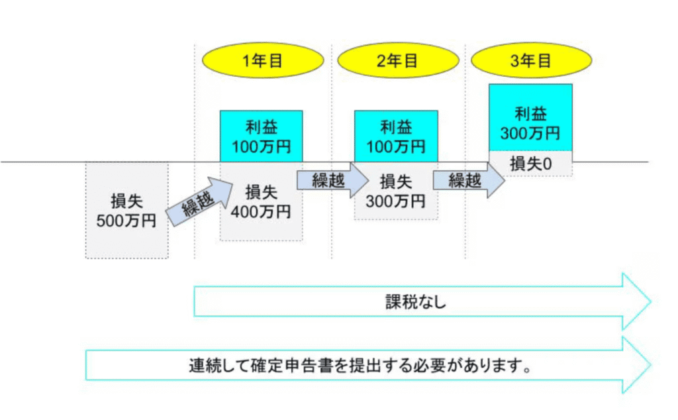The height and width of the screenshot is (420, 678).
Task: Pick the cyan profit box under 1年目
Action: coord(262,136)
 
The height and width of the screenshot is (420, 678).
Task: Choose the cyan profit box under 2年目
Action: coord(396,136)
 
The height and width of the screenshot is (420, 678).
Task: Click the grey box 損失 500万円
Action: coord(126,211)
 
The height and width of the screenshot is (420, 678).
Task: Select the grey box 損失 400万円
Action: coord(262,202)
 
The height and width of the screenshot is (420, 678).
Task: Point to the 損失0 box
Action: coord(530,164)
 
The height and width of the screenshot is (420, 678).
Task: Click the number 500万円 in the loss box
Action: coord(126,221)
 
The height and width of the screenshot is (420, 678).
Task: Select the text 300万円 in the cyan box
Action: coord(530,132)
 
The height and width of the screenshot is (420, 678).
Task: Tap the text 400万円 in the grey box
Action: coord(262,212)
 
